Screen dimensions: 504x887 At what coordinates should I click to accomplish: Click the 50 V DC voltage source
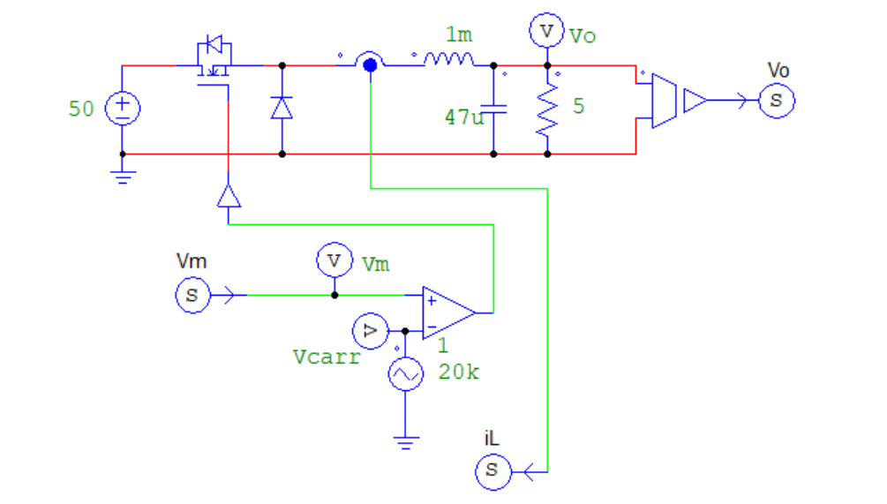click(122, 109)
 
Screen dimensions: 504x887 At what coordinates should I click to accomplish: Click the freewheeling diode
click(282, 108)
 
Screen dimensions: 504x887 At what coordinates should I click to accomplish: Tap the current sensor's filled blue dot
click(369, 64)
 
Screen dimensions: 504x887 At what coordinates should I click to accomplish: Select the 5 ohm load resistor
click(547, 109)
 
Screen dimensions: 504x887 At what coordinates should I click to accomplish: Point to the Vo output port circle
click(777, 100)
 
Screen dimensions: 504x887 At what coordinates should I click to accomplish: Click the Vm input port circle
click(192, 296)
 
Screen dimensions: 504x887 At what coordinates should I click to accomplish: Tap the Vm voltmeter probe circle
click(334, 260)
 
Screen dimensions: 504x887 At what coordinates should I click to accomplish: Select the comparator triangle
click(447, 312)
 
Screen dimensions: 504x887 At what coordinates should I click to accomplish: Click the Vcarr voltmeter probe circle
click(369, 331)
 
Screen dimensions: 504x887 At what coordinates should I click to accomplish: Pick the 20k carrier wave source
click(405, 374)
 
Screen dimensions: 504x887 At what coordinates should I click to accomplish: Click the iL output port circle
click(492, 470)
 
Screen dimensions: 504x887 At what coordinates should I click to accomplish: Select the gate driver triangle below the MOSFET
click(229, 195)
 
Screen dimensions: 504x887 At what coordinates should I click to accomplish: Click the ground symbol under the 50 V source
click(123, 176)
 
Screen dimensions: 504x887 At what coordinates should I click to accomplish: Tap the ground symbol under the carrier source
click(405, 442)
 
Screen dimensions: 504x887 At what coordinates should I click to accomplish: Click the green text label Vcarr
click(326, 357)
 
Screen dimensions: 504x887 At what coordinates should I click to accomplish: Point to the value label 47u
click(463, 117)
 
